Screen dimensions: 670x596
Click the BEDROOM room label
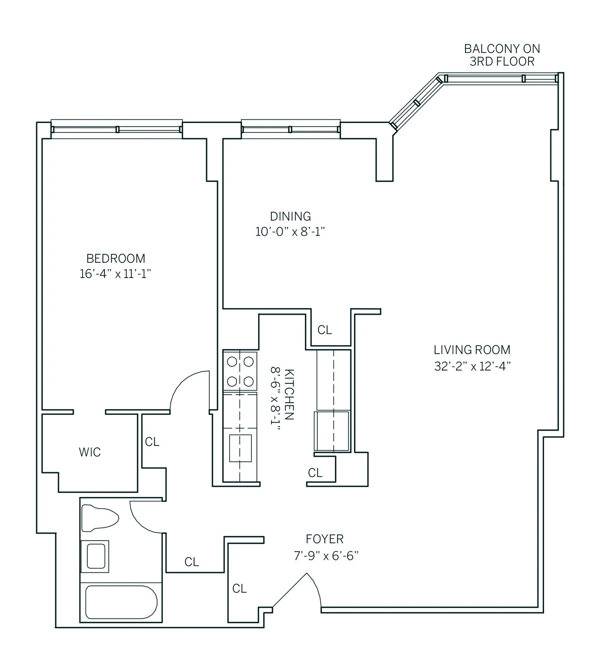coord(115,259)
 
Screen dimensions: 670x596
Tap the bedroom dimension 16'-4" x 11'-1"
coord(115,274)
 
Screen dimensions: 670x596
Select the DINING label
coord(290,216)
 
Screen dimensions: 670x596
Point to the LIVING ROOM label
coord(471,350)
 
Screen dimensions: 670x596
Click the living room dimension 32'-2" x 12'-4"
coord(472,366)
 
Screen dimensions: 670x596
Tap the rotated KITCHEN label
coord(289,394)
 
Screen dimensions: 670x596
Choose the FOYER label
coord(324,539)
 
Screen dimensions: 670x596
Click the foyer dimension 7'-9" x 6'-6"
coord(326,556)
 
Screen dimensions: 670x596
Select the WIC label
coord(90,452)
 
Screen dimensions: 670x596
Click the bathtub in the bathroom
coord(121,602)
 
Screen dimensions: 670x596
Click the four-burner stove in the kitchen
coord(240,371)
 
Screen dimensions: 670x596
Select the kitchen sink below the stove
coord(240,448)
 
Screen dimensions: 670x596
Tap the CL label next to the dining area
coord(324,330)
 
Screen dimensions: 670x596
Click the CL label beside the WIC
coord(152,442)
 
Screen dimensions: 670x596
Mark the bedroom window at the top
coord(116,129)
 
